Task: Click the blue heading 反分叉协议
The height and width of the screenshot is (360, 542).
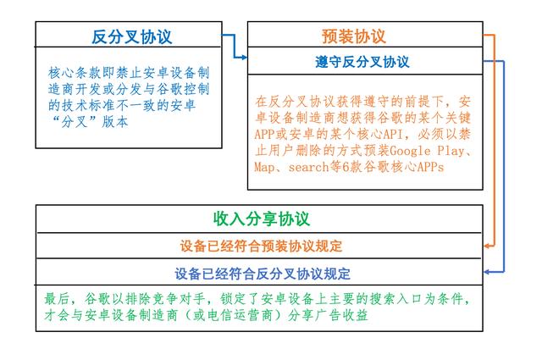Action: (132, 36)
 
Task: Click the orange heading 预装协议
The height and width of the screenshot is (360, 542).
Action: (354, 36)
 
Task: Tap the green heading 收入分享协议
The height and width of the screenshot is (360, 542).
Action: (262, 219)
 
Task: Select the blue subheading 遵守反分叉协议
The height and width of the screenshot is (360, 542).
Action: (362, 62)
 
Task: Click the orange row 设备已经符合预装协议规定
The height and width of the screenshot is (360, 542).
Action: (261, 246)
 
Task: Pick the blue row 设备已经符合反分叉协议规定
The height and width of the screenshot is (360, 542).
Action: (263, 274)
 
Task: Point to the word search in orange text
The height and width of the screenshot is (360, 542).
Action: (308, 168)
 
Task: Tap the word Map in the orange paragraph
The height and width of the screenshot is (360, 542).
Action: (264, 168)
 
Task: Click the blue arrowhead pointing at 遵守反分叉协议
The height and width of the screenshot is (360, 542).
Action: (245, 58)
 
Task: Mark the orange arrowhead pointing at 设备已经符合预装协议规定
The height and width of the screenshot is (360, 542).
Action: (487, 246)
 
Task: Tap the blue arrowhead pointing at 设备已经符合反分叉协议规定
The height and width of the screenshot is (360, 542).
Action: (487, 272)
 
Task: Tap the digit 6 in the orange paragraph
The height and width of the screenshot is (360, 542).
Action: (346, 168)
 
